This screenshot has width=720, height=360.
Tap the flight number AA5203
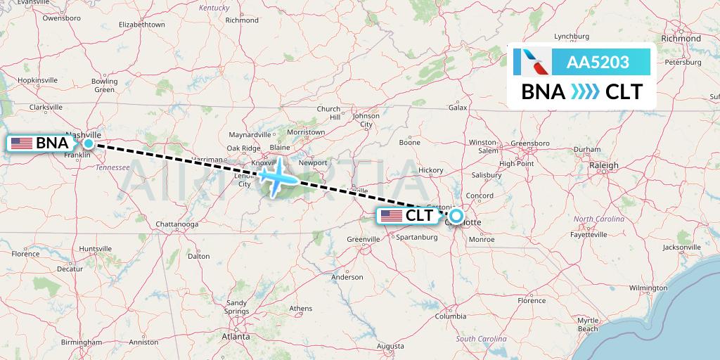(598, 62)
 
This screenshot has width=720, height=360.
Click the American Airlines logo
(532, 62)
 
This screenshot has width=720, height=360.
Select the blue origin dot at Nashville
(89, 143)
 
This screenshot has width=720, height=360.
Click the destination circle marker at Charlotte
(456, 217)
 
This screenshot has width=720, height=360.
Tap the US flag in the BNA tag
(22, 143)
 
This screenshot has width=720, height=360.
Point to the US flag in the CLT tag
(391, 217)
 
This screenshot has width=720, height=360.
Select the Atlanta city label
(236, 337)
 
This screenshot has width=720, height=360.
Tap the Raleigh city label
(604, 165)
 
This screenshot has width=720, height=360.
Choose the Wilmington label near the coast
(648, 288)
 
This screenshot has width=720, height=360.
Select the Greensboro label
(529, 143)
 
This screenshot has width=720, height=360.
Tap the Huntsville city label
(96, 249)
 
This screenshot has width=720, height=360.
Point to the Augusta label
(390, 346)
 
